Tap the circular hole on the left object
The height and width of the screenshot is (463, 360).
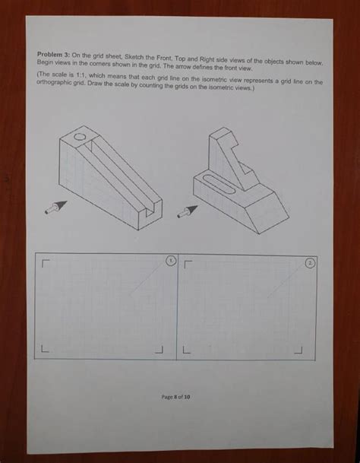[80, 138]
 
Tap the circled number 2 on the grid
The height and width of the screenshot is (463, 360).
[309, 262]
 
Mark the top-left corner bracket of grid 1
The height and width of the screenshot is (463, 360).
[46, 264]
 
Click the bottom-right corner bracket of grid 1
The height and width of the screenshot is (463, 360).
[160, 350]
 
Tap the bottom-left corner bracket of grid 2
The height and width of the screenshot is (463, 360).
[185, 350]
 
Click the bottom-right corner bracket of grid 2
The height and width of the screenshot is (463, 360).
[298, 350]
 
